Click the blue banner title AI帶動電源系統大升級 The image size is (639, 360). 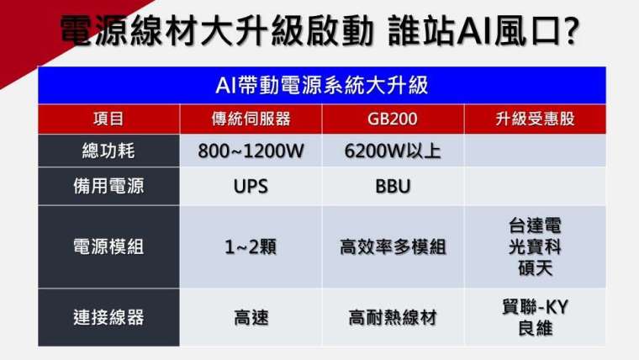tap(321, 86)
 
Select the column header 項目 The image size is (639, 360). tap(108, 119)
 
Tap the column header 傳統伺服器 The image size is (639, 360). tap(251, 119)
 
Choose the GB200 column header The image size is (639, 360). tap(393, 119)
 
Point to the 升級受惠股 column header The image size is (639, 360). tap(535, 119)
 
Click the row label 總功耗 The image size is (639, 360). tap(108, 151)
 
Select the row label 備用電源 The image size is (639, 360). tap(108, 186)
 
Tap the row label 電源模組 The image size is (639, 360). tap(108, 246)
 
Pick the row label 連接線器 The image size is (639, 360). tap(108, 317)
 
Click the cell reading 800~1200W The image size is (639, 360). tap(251, 151)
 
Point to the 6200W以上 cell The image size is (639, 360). tap(393, 151)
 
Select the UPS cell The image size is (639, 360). tap(251, 187)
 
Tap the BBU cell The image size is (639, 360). tap(393, 187)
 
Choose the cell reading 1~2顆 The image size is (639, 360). tap(251, 246)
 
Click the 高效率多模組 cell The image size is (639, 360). tap(393, 246)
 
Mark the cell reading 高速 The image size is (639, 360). tap(251, 318)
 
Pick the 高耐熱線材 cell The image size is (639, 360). tap(393, 318)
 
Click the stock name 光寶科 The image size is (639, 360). tap(535, 246)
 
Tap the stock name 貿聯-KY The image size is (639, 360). tap(535, 307)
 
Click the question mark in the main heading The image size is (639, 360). tap(570, 29)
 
